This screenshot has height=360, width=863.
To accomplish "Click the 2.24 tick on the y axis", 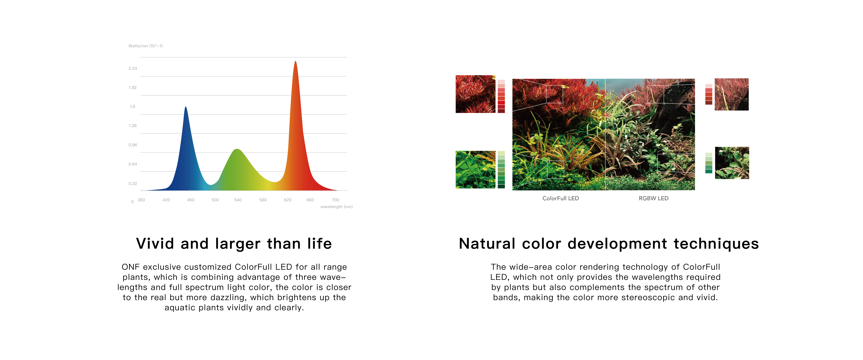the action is point(133,68).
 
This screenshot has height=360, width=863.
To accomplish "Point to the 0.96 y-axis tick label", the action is point(133,145).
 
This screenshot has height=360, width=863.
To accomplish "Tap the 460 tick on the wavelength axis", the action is point(191,200).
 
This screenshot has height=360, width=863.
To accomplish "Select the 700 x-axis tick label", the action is point(335,200).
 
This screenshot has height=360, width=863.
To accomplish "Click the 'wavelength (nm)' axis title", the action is point(336,207).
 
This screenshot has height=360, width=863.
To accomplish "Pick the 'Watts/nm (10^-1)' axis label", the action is point(145,46).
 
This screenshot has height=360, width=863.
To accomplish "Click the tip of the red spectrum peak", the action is point(295,61).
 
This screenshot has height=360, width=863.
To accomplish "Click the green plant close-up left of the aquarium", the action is point(475,170).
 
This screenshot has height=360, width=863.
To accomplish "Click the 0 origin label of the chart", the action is point(132,202).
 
